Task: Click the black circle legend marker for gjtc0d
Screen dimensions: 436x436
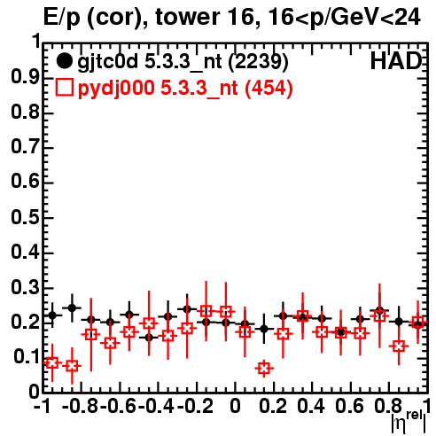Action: click(x=64, y=61)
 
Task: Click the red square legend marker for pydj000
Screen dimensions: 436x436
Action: click(x=64, y=88)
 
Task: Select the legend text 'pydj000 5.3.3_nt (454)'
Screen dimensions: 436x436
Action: click(x=185, y=89)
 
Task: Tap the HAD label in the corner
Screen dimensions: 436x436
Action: click(x=396, y=61)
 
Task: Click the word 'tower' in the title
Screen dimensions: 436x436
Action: click(x=187, y=17)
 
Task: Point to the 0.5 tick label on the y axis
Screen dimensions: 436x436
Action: click(x=25, y=217)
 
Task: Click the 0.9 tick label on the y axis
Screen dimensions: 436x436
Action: click(x=25, y=77)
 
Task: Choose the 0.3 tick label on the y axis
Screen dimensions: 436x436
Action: click(x=25, y=287)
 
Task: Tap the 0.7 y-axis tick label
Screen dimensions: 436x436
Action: click(x=25, y=147)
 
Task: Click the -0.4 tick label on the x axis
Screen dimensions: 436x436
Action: click(x=156, y=406)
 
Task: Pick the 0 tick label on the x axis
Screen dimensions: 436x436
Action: click(x=235, y=406)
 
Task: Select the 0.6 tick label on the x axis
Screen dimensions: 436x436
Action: click(x=349, y=406)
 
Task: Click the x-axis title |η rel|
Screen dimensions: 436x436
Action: click(x=409, y=421)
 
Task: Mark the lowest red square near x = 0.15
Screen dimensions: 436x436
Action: click(x=264, y=369)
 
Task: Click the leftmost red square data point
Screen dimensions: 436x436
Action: click(x=52, y=362)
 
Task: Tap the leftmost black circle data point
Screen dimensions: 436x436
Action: click(x=52, y=315)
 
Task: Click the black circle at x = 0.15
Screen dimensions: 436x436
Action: click(x=264, y=329)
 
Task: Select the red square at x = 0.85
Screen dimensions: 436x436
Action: click(x=399, y=346)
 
